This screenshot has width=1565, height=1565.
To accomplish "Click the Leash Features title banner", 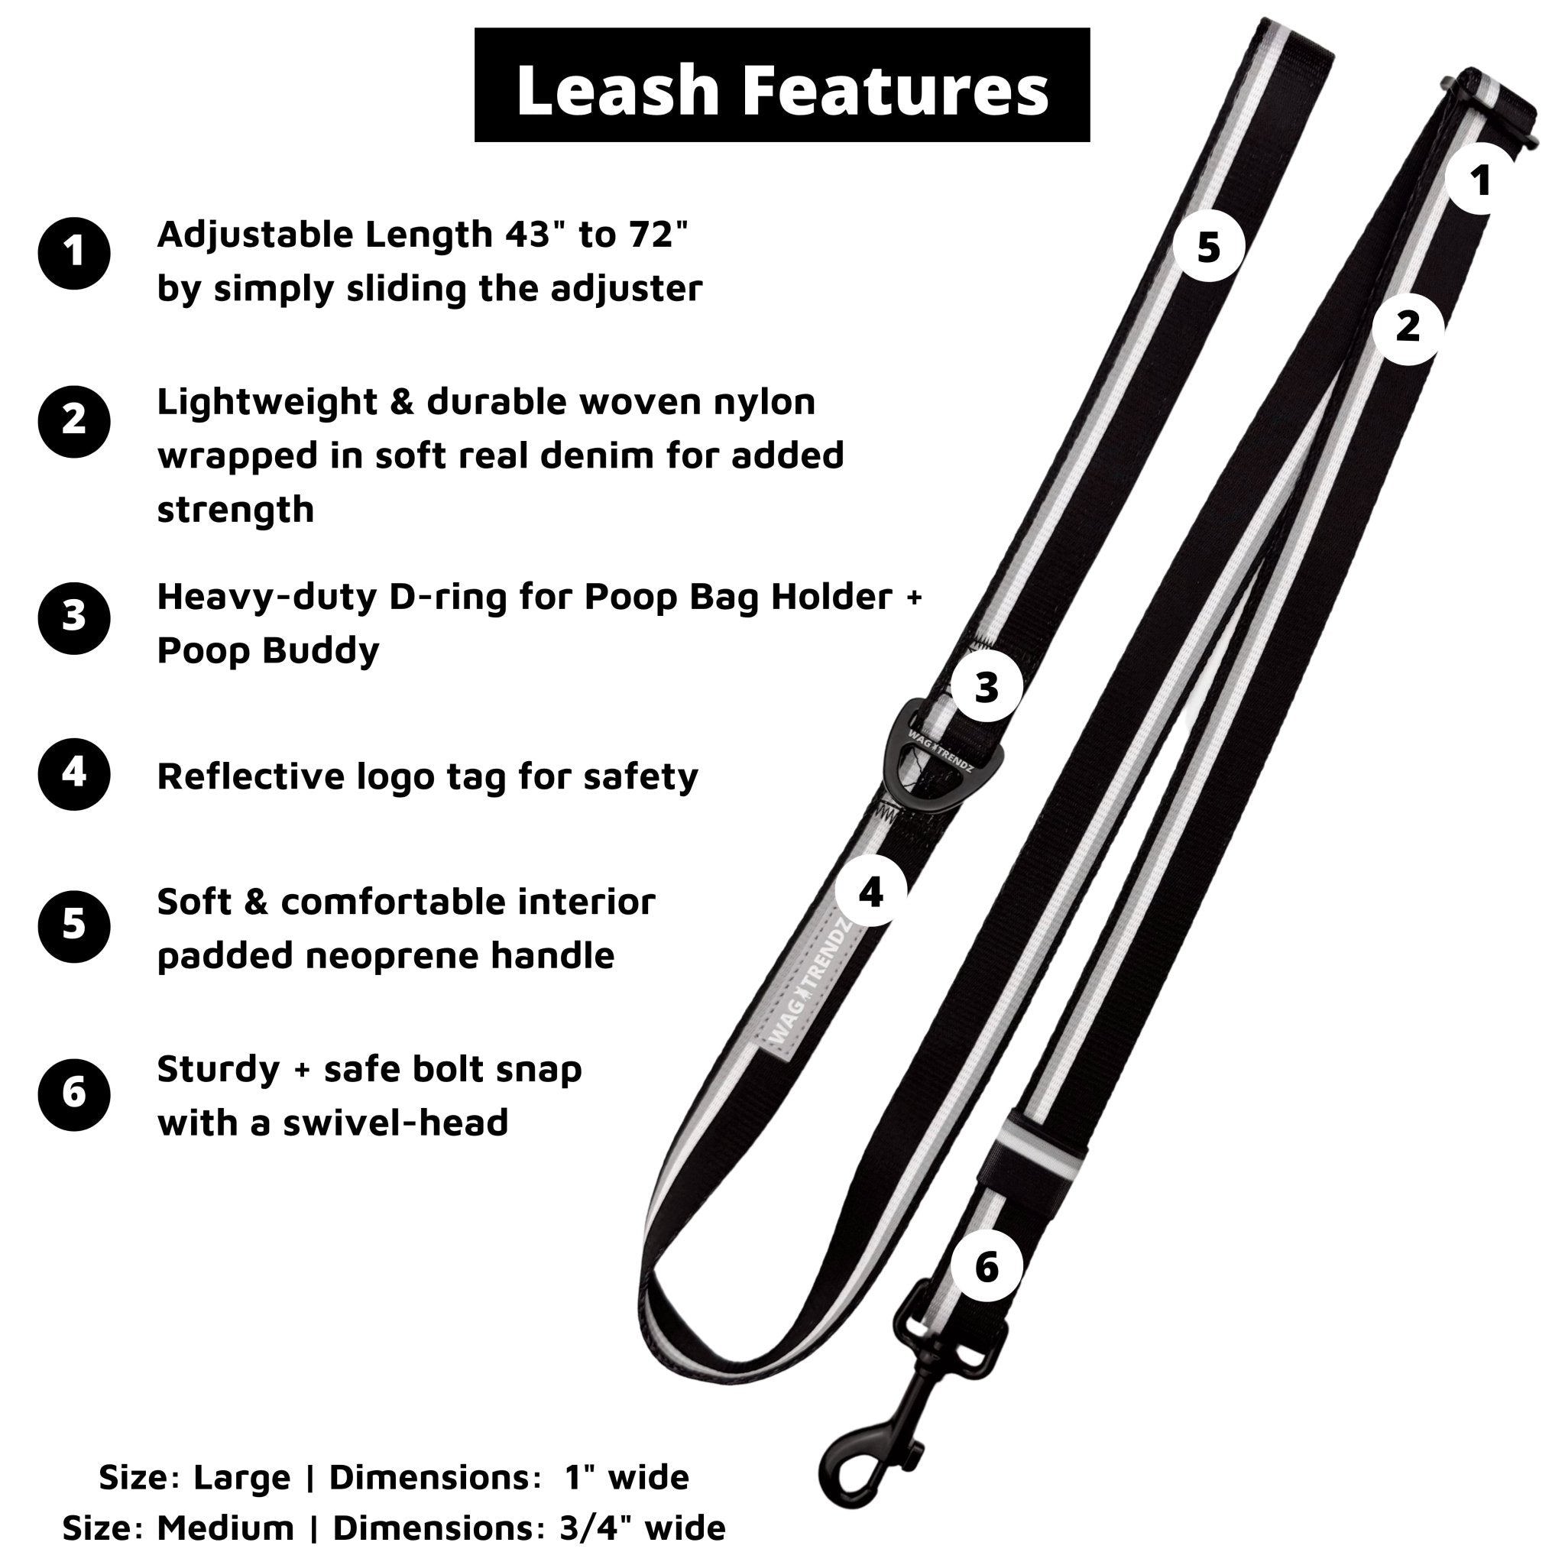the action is (782, 85).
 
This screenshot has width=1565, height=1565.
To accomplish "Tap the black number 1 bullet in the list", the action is (73, 253).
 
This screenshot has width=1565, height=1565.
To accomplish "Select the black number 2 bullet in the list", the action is (73, 421).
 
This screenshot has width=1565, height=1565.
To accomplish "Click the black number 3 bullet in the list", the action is (73, 617).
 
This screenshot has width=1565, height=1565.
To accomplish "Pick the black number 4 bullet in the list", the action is (73, 773).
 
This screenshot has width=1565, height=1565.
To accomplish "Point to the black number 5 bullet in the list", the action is (73, 926).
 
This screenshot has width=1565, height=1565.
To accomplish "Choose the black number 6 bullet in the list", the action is (73, 1094).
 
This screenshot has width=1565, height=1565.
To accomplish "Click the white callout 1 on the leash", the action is (1481, 180).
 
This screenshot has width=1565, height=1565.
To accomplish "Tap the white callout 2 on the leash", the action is (1408, 328).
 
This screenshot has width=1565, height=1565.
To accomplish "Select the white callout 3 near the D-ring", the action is (986, 688).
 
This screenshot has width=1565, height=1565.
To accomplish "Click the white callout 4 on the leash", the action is (870, 892).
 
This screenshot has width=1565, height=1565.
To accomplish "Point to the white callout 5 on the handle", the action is (1208, 247).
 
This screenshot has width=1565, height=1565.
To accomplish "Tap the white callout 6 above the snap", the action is (986, 1266).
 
